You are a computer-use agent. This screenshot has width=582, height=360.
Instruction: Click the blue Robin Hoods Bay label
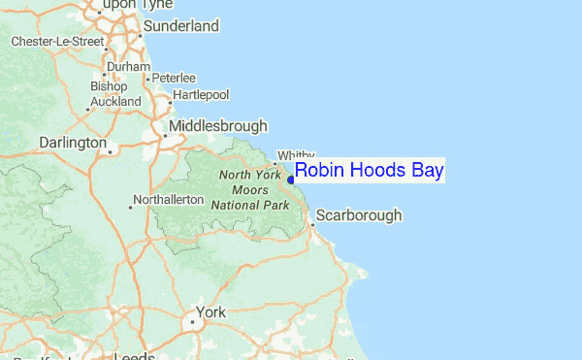point(369,172)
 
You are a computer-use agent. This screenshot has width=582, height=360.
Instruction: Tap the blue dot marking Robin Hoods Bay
point(291,179)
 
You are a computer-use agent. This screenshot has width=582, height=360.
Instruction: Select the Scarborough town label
point(359,215)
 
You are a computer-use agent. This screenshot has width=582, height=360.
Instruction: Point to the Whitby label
point(297,155)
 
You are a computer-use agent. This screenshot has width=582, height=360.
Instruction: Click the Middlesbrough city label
point(218,126)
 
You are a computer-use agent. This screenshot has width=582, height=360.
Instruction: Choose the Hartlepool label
point(200,95)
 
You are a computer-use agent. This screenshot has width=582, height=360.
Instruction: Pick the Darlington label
point(73,143)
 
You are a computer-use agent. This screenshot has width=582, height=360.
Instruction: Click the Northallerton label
point(169,200)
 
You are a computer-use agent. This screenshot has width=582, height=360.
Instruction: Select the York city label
point(210,313)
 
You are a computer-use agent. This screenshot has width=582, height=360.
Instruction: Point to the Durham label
point(128,67)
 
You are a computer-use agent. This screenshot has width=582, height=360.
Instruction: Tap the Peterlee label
point(174,78)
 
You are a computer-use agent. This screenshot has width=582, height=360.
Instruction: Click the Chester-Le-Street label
point(57,42)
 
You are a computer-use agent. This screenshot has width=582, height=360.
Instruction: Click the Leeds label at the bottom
point(135,355)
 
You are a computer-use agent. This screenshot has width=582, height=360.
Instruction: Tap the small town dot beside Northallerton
point(130,206)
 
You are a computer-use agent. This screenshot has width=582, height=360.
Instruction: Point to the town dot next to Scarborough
point(311,225)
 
